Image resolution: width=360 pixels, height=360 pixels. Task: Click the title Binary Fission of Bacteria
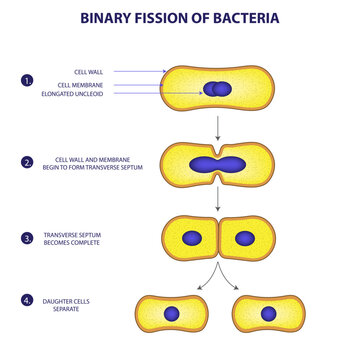[180, 18]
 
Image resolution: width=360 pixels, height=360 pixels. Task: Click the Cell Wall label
[87, 71]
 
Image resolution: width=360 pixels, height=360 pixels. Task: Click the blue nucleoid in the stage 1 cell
[216, 90]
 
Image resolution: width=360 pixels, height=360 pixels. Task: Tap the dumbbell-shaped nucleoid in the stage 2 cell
[216, 165]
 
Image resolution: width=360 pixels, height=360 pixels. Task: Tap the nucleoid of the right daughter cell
[268, 313]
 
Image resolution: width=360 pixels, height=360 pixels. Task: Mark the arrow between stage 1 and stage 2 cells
[217, 127]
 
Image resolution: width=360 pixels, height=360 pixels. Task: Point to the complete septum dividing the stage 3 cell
[217, 239]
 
